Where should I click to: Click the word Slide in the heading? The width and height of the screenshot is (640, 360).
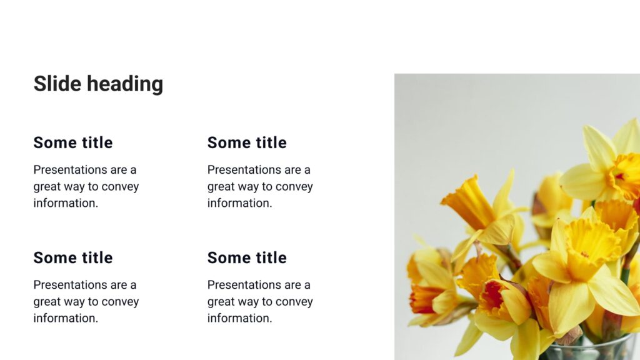(x=57, y=84)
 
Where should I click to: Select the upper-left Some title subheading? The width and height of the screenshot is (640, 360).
(x=73, y=142)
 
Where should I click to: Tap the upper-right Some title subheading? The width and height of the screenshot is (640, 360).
(x=247, y=142)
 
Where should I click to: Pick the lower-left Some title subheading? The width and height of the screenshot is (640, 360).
(x=73, y=257)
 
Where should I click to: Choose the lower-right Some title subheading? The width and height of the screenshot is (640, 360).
(x=247, y=257)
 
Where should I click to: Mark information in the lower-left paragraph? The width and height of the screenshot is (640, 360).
(x=66, y=318)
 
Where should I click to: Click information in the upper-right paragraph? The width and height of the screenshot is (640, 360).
(x=239, y=203)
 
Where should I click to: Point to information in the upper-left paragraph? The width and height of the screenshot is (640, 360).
(x=66, y=203)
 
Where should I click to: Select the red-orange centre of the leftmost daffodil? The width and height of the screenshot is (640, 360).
(x=423, y=298)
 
